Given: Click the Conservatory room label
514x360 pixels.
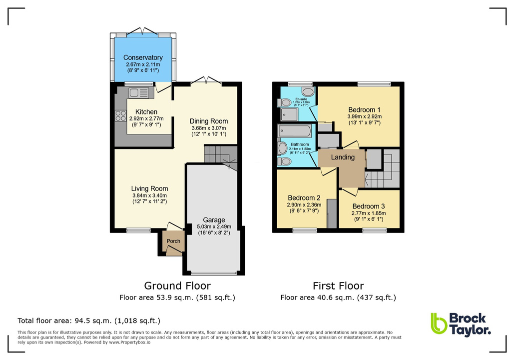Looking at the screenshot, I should pyautogui.click(x=143, y=57).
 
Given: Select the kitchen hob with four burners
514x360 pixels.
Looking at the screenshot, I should pyautogui.click(x=121, y=115).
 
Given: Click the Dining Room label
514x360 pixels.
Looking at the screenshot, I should pyautogui.click(x=209, y=121).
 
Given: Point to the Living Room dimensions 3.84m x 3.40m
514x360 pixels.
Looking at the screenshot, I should pyautogui.click(x=149, y=195).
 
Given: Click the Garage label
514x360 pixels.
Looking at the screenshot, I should pyautogui.click(x=214, y=220).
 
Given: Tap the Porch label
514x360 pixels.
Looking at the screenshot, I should pyautogui.click(x=173, y=241).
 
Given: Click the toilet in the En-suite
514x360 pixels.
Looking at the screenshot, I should pyautogui.click(x=308, y=92).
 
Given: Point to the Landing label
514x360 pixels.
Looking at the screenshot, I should pyautogui.click(x=343, y=157).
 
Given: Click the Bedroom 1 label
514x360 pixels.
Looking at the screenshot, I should pyautogui.click(x=365, y=109).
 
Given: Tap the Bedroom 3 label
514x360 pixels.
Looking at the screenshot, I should pyautogui.click(x=369, y=206).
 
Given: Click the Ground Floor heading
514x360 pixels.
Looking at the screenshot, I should pyautogui.click(x=177, y=286).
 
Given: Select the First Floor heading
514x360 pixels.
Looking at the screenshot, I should pyautogui.click(x=338, y=286).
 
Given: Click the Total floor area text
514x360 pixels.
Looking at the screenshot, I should pyautogui.click(x=89, y=320).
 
